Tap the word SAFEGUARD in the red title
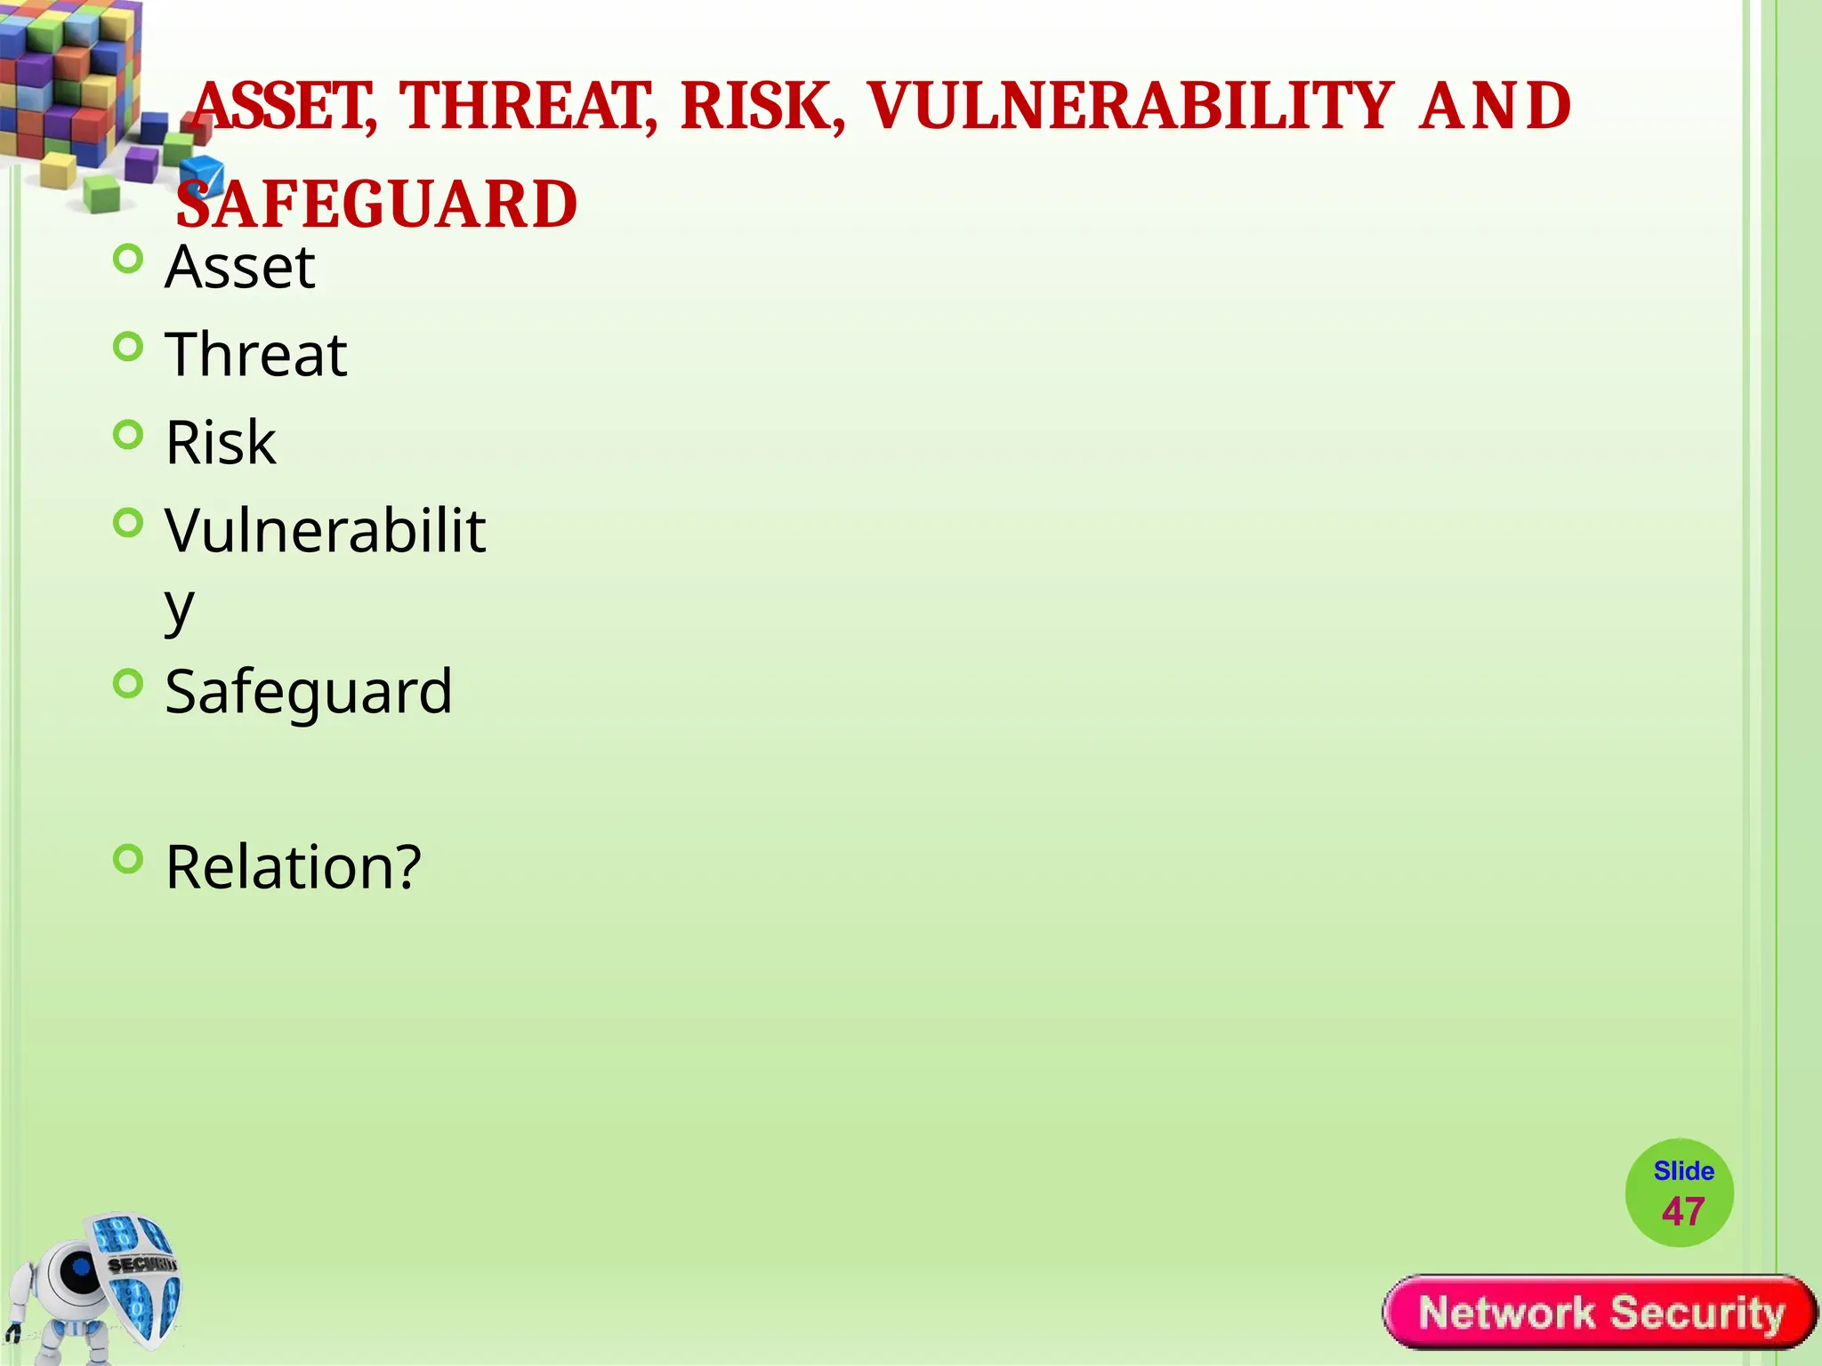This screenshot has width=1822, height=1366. (x=377, y=204)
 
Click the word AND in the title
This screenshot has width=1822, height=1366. (x=1495, y=106)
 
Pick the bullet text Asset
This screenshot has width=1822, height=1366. (x=240, y=267)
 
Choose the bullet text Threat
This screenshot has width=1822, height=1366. (x=256, y=354)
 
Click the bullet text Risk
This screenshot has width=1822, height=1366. (x=221, y=442)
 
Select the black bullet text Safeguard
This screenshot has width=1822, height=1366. (x=309, y=691)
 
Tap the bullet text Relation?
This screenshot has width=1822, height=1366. (x=294, y=866)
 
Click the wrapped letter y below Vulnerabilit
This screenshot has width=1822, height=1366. (x=179, y=609)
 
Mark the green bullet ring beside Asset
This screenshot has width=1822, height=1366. (x=129, y=260)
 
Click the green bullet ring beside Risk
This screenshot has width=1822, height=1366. (x=129, y=435)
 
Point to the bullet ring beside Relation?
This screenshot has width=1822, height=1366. (x=129, y=859)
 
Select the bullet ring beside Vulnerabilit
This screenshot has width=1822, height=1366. (x=129, y=523)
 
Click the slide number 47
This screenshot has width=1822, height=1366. (x=1682, y=1212)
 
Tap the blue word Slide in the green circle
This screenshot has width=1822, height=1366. (x=1683, y=1171)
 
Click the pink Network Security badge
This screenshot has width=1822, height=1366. (x=1600, y=1313)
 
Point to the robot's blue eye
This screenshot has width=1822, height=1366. (x=81, y=1267)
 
